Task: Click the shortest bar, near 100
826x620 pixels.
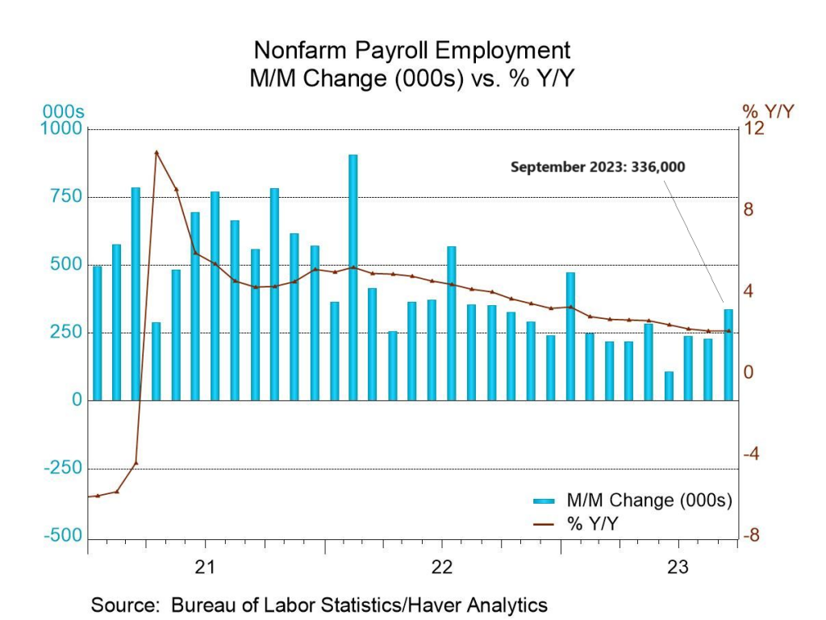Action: pos(669,386)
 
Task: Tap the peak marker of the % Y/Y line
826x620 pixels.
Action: pos(156,153)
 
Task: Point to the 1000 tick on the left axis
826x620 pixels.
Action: pos(66,129)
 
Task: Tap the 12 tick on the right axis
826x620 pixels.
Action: pos(753,129)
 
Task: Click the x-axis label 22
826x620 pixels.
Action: pos(442,567)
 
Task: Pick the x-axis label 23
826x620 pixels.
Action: pos(679,567)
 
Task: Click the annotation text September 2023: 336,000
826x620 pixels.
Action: pos(598,167)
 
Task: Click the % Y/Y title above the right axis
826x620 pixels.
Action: pos(767,112)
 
